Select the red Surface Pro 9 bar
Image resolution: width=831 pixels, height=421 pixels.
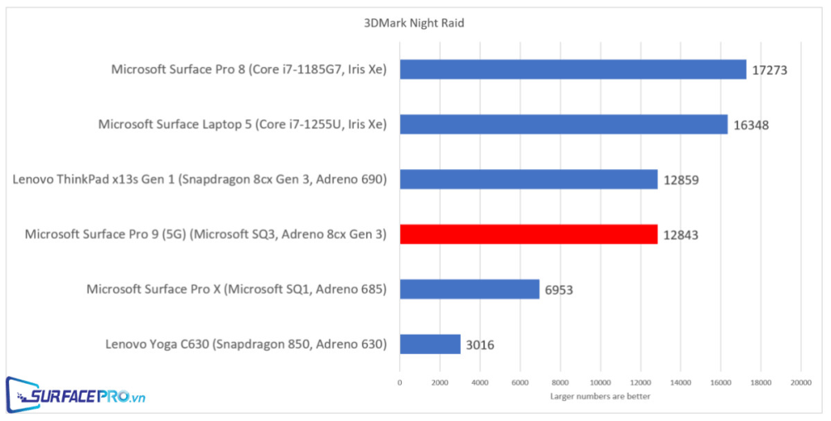pos(529,235)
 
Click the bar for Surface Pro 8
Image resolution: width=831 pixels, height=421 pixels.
pos(573,70)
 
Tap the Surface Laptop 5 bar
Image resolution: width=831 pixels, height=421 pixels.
pos(563,124)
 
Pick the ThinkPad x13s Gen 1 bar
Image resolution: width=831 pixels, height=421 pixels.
pos(529,179)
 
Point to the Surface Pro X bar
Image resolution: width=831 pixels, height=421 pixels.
pos(469,289)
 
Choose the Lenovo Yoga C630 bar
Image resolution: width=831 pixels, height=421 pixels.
pos(430,344)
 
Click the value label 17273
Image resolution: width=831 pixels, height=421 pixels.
pos(769,70)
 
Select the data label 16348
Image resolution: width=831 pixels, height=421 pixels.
pos(750,125)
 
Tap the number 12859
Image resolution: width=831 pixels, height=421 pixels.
pos(679,180)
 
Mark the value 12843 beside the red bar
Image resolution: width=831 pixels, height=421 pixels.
pos(679,235)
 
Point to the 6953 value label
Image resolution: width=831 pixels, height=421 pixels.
pos(558,290)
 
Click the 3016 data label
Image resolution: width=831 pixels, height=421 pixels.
pos(480,345)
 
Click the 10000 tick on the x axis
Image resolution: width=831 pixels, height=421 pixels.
pos(600,382)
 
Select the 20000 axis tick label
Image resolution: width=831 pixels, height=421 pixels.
pos(800,382)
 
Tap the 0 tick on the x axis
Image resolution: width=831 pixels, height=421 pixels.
pos(400,382)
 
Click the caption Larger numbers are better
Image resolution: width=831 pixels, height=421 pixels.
pos(600,396)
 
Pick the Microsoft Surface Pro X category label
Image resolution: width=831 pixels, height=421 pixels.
pos(237,289)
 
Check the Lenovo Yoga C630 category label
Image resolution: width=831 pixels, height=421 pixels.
pos(246,344)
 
